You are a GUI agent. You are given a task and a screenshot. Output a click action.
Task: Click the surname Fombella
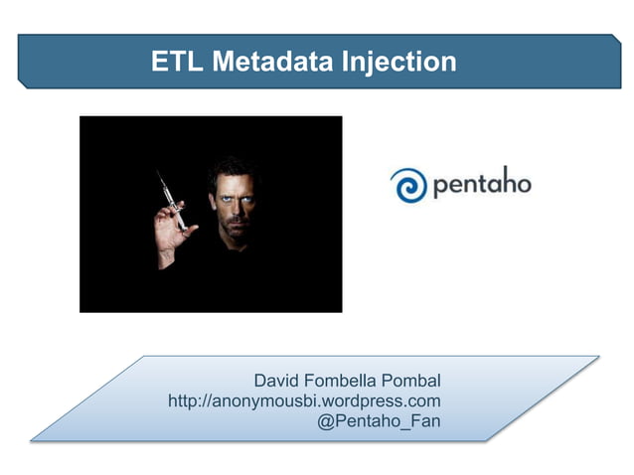pyautogui.click(x=353, y=381)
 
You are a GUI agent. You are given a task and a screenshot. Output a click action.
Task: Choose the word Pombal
pyautogui.click(x=418, y=381)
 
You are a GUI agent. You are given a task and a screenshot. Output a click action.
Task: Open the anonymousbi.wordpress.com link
pyautogui.click(x=304, y=400)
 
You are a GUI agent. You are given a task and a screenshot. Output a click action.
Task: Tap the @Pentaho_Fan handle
pyautogui.click(x=379, y=421)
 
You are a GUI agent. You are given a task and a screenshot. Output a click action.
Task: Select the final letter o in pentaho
pyautogui.click(x=523, y=185)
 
